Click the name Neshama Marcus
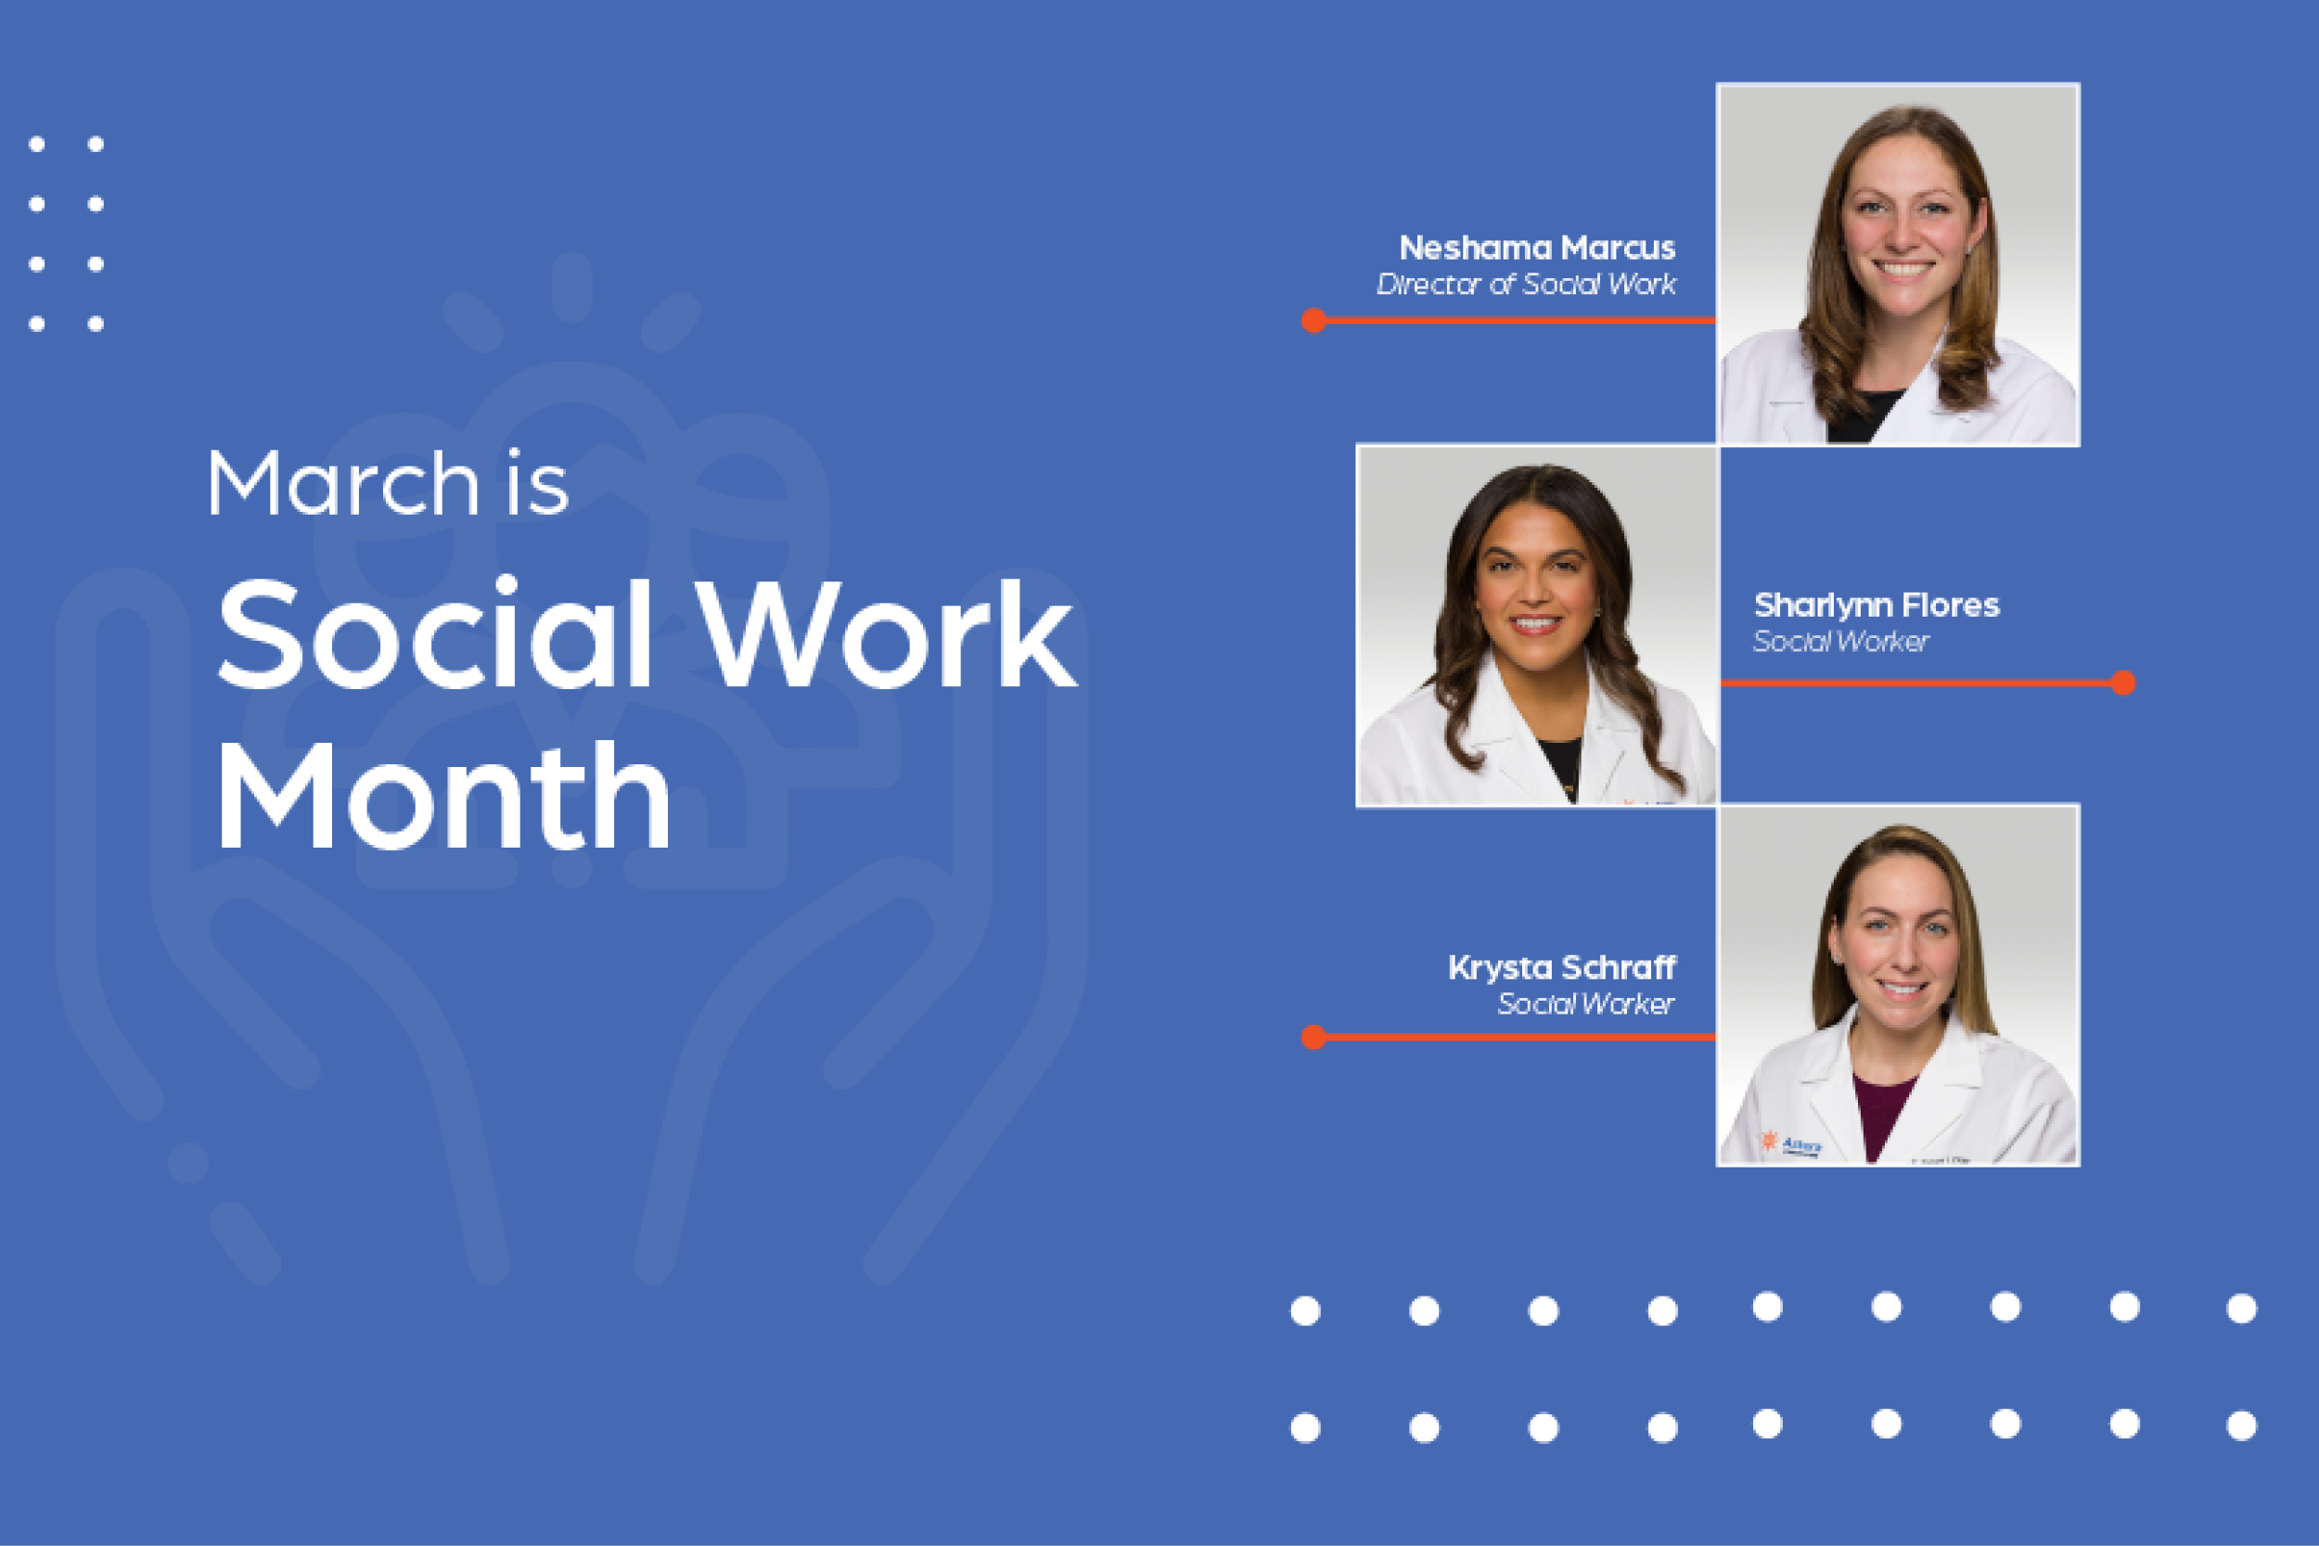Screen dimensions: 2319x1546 point(1537,248)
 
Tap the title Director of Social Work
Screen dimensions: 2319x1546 point(1526,284)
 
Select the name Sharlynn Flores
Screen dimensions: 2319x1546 point(1877,605)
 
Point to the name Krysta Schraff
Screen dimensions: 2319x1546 point(1562,967)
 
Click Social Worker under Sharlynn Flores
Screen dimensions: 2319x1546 point(1839,642)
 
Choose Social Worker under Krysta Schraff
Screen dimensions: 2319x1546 point(1585,1003)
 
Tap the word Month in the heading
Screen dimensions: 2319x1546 point(443,795)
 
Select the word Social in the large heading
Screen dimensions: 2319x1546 point(435,633)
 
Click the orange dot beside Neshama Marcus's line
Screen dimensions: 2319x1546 point(1313,321)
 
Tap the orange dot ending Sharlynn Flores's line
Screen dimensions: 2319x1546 point(2124,683)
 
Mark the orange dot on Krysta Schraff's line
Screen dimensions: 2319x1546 point(1313,1037)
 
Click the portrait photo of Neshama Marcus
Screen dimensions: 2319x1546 point(1898,264)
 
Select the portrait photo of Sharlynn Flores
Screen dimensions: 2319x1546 point(1537,625)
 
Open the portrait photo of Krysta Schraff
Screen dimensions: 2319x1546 point(1898,985)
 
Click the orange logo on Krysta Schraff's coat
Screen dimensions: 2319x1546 point(1769,1141)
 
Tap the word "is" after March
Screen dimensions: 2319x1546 point(538,485)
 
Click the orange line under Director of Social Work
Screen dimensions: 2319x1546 point(1515,321)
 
